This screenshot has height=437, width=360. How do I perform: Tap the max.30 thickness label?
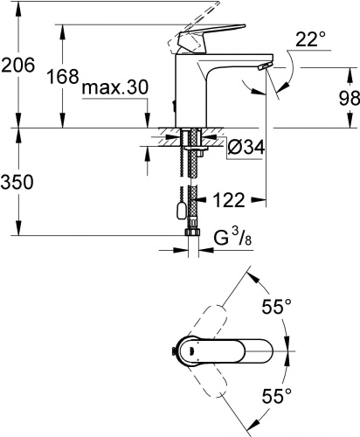pyautogui.click(x=114, y=88)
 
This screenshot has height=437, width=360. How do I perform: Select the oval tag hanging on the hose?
pyautogui.click(x=180, y=209)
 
